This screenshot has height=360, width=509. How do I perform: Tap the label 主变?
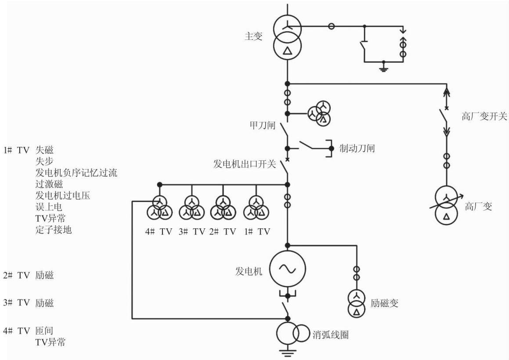click(x=253, y=36)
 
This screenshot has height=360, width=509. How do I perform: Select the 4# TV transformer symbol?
click(x=159, y=209)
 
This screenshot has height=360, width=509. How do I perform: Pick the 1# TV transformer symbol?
click(x=256, y=209)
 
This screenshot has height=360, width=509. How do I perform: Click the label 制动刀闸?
click(x=357, y=148)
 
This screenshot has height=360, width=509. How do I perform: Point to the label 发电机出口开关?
click(x=245, y=164)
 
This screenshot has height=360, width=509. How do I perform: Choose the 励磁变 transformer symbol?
click(x=357, y=303)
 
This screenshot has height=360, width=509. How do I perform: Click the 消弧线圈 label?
click(x=330, y=335)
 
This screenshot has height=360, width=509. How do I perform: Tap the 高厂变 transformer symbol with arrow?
click(x=447, y=205)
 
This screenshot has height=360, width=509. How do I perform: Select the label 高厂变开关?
click(x=484, y=116)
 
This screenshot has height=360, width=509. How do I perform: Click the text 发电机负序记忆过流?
click(x=76, y=173)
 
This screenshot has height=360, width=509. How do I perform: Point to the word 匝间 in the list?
click(x=44, y=331)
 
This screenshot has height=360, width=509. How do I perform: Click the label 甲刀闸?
click(x=262, y=125)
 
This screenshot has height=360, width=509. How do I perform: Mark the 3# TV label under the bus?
click(x=192, y=231)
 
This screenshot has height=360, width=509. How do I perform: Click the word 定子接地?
click(x=53, y=230)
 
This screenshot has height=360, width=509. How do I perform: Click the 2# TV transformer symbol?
click(x=223, y=209)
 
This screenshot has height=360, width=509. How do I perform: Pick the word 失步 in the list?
click(x=44, y=161)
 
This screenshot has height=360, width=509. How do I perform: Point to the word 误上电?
click(x=49, y=207)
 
